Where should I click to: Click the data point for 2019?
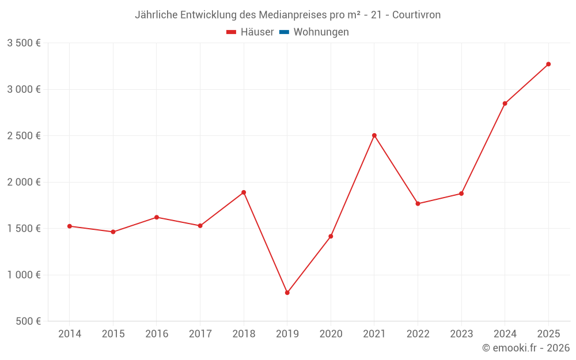[287, 293]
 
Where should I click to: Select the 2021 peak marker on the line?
[374, 135]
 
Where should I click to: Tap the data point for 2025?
[548, 64]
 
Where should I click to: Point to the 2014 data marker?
[69, 226]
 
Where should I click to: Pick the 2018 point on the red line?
[244, 192]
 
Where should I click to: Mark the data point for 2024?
[505, 104]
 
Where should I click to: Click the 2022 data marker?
[418, 203]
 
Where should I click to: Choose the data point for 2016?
[157, 217]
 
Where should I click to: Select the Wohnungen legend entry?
[321, 32]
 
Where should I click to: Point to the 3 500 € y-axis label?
[24, 43]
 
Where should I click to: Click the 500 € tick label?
[28, 321]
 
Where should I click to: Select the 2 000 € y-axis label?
[24, 182]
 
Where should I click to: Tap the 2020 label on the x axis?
[331, 334]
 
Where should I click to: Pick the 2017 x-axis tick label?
[200, 334]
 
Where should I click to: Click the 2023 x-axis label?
[461, 334]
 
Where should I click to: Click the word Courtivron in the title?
[416, 15]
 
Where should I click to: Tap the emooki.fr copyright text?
[526, 348]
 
